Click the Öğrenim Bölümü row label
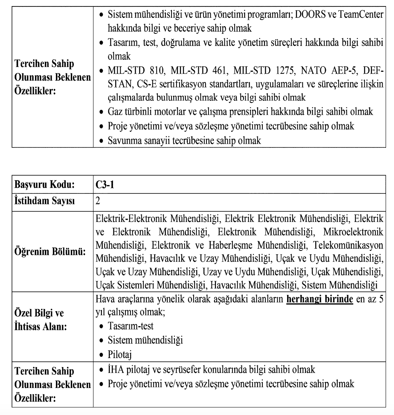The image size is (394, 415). (x=49, y=253)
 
